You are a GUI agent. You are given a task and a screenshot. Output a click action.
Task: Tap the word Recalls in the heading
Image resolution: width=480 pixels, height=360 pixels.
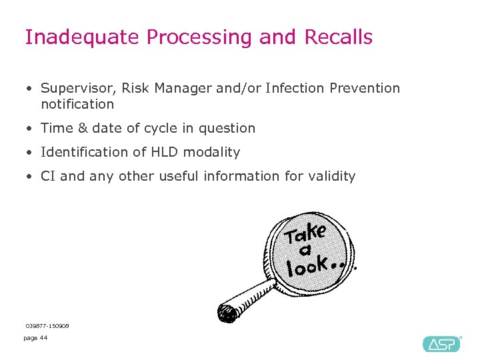(x=338, y=37)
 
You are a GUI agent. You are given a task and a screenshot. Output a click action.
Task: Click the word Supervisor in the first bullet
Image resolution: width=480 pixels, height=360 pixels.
(x=78, y=88)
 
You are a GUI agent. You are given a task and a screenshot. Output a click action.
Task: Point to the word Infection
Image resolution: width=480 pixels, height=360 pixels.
(x=294, y=88)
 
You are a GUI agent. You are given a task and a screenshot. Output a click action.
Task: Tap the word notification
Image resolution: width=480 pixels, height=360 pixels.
(x=77, y=104)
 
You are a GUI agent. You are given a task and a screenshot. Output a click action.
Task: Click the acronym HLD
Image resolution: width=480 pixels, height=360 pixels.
(x=167, y=152)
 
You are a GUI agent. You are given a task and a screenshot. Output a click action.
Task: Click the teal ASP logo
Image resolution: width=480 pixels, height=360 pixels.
(x=441, y=343)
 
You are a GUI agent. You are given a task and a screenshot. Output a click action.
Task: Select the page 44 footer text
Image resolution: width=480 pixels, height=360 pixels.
(x=35, y=338)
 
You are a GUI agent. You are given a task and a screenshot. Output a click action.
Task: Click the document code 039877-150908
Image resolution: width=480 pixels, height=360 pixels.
(x=47, y=325)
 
